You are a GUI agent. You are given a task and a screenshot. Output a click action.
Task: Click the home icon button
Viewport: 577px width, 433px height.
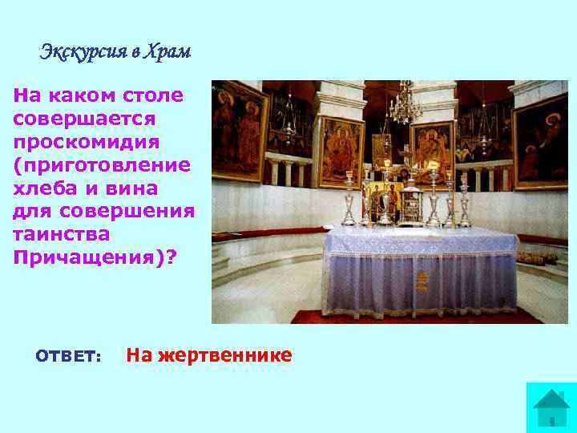pyautogui.click(x=551, y=407)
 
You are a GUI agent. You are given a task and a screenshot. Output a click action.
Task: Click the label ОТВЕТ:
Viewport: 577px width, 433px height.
pyautogui.click(x=68, y=356)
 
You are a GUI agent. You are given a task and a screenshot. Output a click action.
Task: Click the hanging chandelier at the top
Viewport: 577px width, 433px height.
pyautogui.click(x=405, y=104)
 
